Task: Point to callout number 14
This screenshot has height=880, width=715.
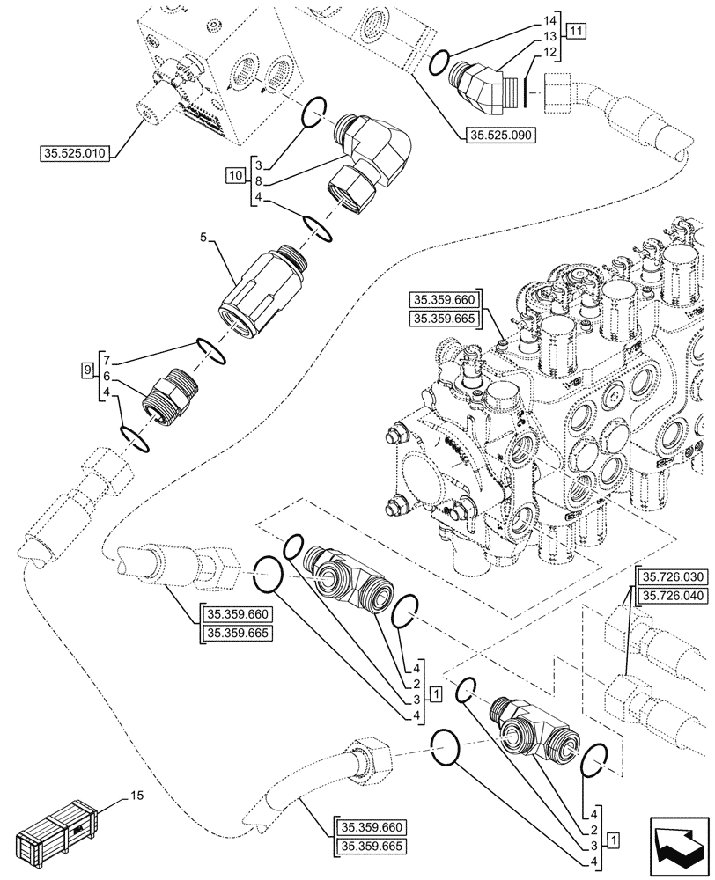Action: pyautogui.click(x=551, y=18)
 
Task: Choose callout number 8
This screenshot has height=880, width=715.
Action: pyautogui.click(x=256, y=181)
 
